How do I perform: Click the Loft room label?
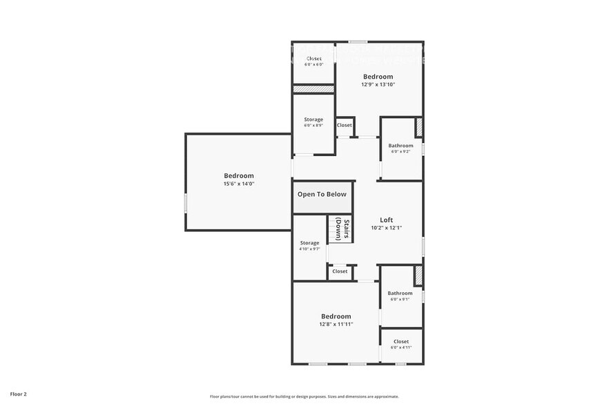point(387,220)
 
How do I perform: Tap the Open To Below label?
point(322,194)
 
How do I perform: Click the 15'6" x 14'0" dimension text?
point(239,184)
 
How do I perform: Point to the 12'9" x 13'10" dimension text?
point(378,85)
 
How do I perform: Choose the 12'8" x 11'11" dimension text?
point(336,325)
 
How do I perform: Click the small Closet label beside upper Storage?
point(344,125)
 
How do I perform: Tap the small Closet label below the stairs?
point(340,271)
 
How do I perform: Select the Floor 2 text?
point(18,394)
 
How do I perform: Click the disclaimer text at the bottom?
point(304,396)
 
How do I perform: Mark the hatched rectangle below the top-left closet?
point(313,88)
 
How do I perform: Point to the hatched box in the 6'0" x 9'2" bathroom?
point(418,128)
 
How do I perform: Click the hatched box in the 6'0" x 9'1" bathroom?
point(418,275)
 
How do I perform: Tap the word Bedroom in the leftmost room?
point(239,175)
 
